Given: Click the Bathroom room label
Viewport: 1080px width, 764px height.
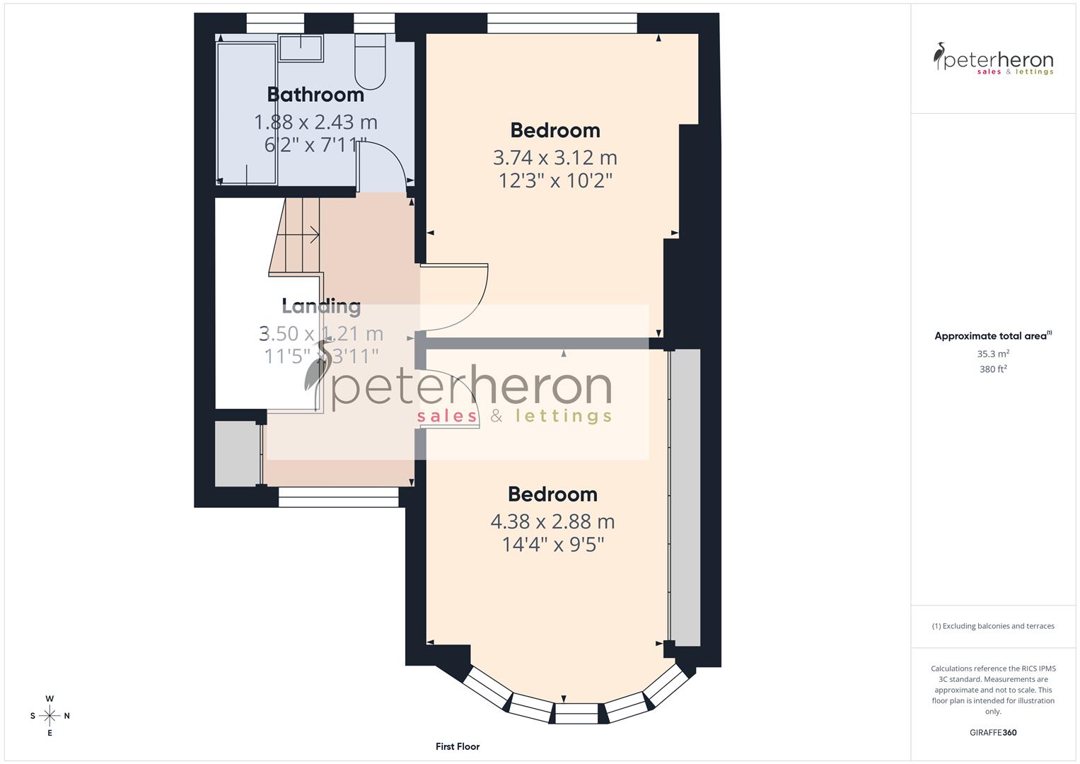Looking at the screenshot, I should click(315, 94).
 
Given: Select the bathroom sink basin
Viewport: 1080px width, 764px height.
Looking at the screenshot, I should click(300, 48).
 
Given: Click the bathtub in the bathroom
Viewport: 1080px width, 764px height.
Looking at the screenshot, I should click(247, 113).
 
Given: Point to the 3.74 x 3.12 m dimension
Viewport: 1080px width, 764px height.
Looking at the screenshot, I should click(554, 157).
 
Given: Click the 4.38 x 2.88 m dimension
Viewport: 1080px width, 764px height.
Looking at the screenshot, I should click(552, 521).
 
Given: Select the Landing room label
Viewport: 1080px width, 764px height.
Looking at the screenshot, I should click(321, 306).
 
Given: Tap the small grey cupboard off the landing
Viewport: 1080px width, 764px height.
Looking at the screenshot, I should click(237, 453).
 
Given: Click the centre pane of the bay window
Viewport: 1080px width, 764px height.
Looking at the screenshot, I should click(576, 713).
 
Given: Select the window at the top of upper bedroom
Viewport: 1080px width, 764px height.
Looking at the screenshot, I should click(562, 23).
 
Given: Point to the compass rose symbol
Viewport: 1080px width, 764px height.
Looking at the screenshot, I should click(50, 715).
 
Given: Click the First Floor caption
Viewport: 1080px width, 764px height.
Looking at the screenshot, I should click(457, 746).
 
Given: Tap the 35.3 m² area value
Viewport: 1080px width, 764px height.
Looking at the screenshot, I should click(993, 354).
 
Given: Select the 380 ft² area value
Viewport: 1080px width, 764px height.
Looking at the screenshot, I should click(993, 369).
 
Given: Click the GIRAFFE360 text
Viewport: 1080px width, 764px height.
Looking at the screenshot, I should click(992, 733).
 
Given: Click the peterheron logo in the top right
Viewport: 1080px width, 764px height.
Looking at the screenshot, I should click(993, 60).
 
